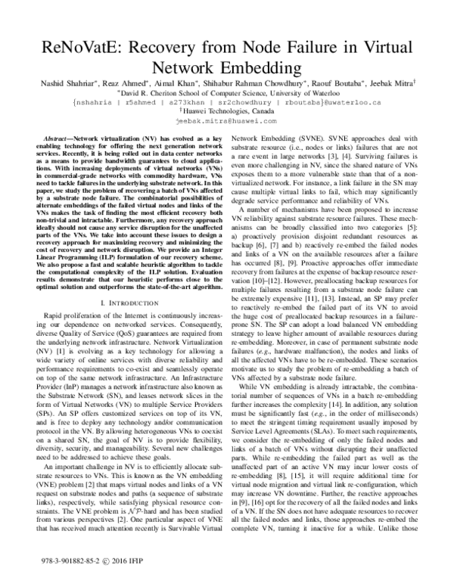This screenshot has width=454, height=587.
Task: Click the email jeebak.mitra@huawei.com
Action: (226, 120)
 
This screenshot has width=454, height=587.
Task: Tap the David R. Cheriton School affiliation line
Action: (227, 89)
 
